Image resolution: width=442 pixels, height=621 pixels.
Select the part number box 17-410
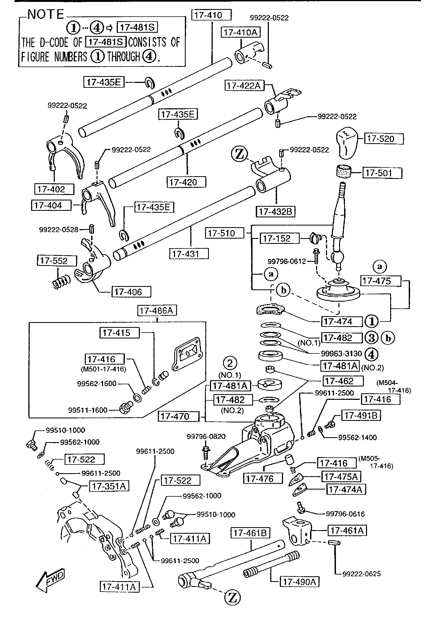click(x=211, y=15)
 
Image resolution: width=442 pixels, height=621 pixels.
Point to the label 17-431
click(x=189, y=254)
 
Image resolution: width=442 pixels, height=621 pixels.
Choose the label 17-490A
click(x=299, y=582)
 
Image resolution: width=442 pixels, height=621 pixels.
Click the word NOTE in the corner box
click(x=46, y=14)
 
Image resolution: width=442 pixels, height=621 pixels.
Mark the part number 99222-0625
click(x=361, y=574)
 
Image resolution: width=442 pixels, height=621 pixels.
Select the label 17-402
click(x=54, y=189)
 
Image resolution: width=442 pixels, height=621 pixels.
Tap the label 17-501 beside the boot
click(x=382, y=173)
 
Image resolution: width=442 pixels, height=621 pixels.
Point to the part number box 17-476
click(x=263, y=479)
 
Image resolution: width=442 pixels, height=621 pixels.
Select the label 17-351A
click(x=109, y=486)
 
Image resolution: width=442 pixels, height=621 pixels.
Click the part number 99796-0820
click(x=206, y=436)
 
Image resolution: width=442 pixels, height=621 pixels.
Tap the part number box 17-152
click(x=279, y=238)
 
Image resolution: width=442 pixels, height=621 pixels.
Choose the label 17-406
click(x=131, y=292)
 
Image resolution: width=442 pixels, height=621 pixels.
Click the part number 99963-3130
click(x=341, y=354)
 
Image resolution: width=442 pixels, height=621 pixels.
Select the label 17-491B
click(x=361, y=415)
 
